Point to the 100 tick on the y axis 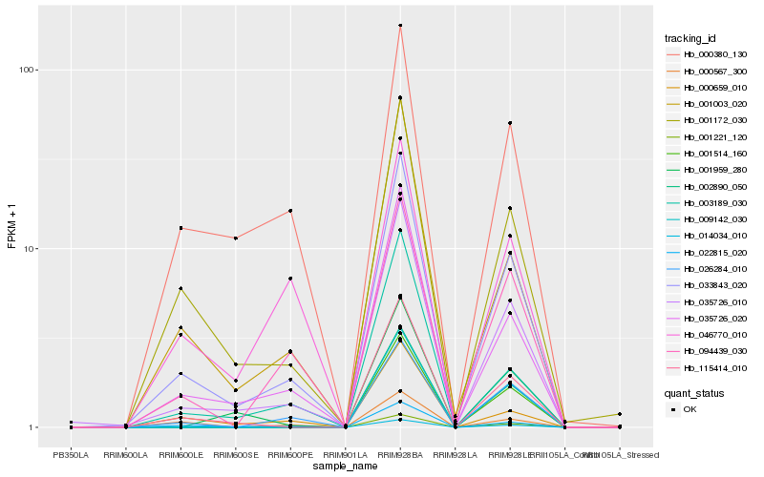[x=26, y=70]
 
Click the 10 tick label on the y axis [x=29, y=249]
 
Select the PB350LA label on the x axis [x=71, y=455]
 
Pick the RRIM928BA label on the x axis [x=400, y=455]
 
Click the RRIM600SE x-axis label [x=235, y=455]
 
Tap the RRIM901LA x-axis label [x=345, y=455]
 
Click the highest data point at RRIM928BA [x=400, y=26]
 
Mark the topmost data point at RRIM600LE [x=180, y=228]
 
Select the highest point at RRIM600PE [x=290, y=211]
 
